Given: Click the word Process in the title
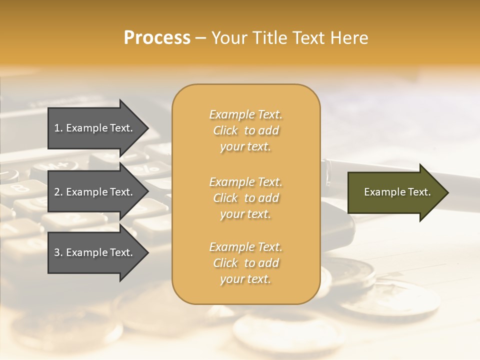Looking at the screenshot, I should coord(157,38).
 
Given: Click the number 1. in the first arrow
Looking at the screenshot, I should coord(58,128).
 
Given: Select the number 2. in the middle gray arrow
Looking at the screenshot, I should coord(58,192).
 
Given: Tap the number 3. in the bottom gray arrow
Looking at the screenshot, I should coord(58,252).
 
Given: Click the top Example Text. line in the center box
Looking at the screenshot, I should coord(245,115).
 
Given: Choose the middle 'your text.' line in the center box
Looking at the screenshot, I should coord(245,214).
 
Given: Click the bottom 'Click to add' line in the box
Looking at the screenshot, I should coord(245,263).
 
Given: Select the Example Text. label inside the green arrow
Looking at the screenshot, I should coord(397,192).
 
